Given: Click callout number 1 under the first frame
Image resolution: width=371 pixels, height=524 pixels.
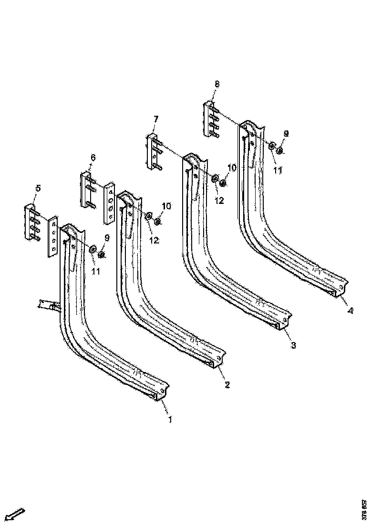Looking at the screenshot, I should tap(170, 420).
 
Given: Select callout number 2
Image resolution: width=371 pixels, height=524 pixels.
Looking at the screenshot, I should tap(227, 384).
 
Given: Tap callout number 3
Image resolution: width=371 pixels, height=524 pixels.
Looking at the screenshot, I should tap(293, 345).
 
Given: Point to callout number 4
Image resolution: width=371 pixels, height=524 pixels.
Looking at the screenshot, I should tap(350, 312).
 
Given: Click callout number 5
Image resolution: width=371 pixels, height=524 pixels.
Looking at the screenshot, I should tap(38, 189).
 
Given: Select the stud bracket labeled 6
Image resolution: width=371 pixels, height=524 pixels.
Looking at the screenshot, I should tap(88, 191).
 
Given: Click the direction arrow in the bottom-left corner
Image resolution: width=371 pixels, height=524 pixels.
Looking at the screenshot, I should tap(16, 514).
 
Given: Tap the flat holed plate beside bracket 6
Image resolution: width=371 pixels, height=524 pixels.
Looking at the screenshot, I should tap(110, 202).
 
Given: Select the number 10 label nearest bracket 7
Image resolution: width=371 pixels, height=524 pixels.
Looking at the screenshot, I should tap(231, 168).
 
